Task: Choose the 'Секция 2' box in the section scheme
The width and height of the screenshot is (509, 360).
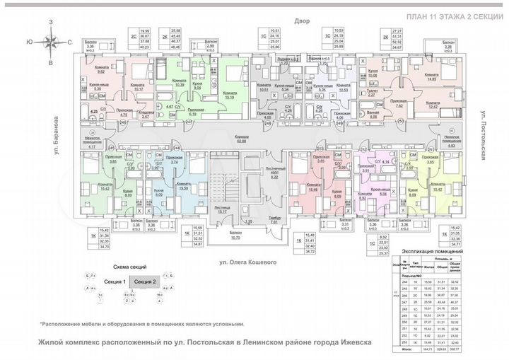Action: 145,281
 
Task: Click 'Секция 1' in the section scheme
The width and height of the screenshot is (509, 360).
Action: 115,281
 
